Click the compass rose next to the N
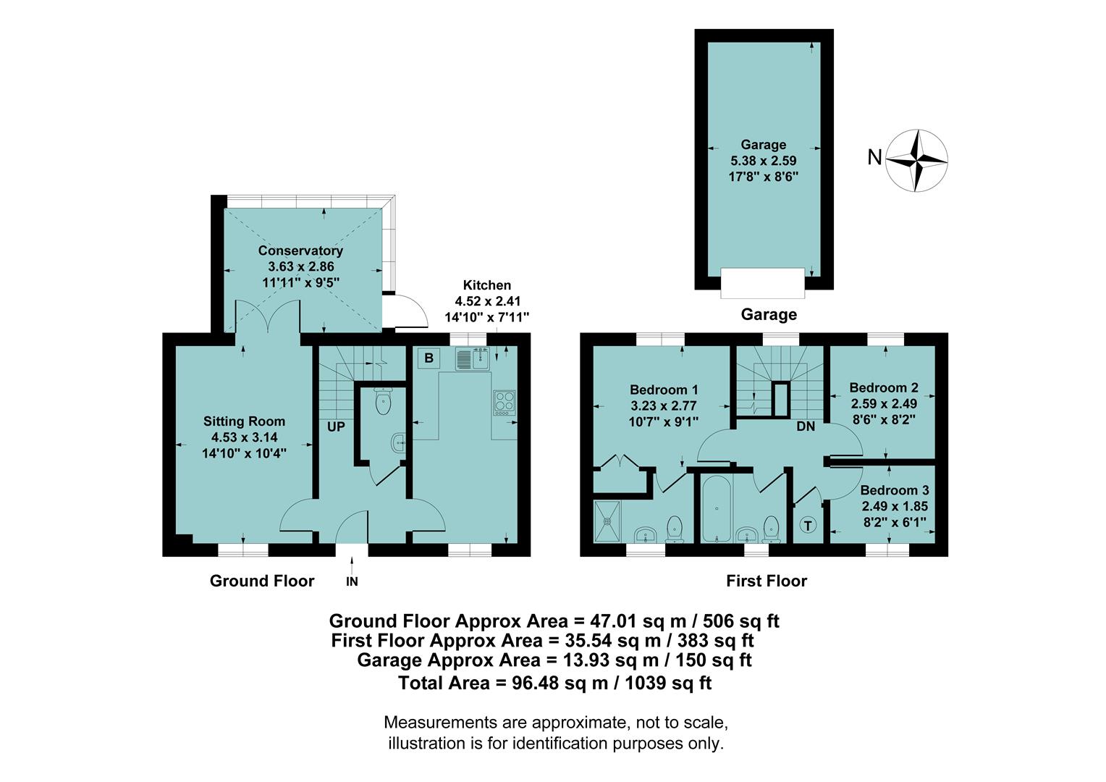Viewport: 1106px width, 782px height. (918, 160)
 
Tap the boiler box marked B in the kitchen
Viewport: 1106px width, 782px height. (429, 358)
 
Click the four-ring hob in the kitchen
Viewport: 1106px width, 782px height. (504, 402)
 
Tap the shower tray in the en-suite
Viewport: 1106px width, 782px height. (607, 520)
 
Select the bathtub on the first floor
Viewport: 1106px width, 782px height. (716, 509)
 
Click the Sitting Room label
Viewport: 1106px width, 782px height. (244, 421)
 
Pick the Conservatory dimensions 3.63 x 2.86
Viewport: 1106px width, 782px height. (300, 266)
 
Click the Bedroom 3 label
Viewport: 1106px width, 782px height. (894, 490)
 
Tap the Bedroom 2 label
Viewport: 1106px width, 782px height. (883, 387)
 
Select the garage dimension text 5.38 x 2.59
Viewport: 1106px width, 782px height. (763, 160)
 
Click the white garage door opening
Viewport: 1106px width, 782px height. (763, 282)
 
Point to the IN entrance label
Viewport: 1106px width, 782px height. (352, 581)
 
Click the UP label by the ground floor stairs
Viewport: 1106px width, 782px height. (336, 427)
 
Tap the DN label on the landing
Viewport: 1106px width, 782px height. (806, 426)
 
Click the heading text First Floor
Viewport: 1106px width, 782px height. (767, 581)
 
